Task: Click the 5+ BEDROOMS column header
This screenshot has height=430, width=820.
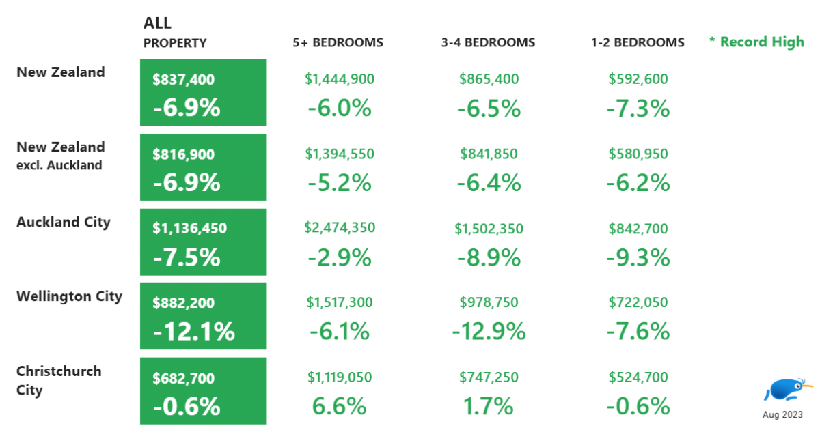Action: pyautogui.click(x=338, y=42)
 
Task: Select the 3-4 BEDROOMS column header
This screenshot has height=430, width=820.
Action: pyautogui.click(x=488, y=42)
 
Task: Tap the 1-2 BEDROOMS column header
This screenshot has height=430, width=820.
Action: pyautogui.click(x=638, y=42)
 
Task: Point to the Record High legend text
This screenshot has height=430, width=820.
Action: pyautogui.click(x=756, y=42)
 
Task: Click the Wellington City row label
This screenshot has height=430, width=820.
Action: pyautogui.click(x=69, y=296)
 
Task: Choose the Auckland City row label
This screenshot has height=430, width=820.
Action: pyautogui.click(x=63, y=222)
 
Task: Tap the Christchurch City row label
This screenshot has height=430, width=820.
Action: pyautogui.click(x=59, y=380)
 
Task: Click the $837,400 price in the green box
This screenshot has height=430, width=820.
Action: pyautogui.click(x=184, y=80)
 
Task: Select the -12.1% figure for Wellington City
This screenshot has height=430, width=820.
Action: pyautogui.click(x=194, y=332)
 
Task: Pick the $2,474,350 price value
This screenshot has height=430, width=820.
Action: pyautogui.click(x=340, y=227)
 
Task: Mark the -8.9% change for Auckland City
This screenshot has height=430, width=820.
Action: pyautogui.click(x=489, y=257)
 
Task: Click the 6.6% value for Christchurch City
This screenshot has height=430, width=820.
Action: pyautogui.click(x=340, y=407)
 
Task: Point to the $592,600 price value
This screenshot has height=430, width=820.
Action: pyautogui.click(x=638, y=79)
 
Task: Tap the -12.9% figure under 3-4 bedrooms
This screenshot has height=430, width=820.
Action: pyautogui.click(x=489, y=332)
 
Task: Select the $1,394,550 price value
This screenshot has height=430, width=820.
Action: pyautogui.click(x=340, y=154)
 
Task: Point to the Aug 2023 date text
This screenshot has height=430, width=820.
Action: pyautogui.click(x=782, y=414)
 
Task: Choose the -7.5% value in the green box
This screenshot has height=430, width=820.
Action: pyautogui.click(x=187, y=257)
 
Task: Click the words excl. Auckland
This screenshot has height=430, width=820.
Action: pyautogui.click(x=59, y=165)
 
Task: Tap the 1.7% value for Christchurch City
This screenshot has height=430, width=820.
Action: pyautogui.click(x=489, y=407)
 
